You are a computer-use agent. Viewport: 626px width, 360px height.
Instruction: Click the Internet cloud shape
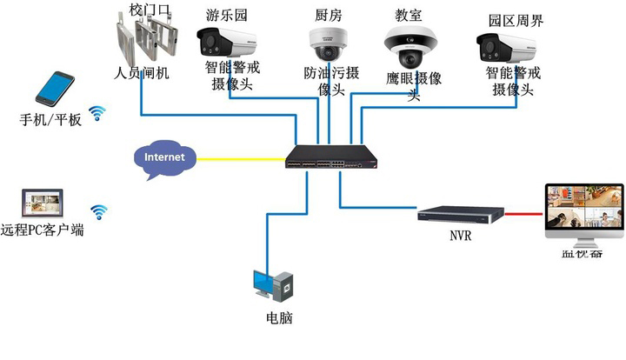tap(164, 158)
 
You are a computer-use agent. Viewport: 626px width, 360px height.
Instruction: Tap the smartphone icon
tap(55, 90)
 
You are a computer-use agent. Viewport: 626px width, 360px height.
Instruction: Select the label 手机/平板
tap(50, 119)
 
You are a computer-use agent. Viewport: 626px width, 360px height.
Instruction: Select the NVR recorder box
tap(457, 214)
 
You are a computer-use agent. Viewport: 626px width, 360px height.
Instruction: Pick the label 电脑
tap(278, 318)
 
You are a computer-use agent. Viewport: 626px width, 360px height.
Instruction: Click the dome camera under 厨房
tap(328, 43)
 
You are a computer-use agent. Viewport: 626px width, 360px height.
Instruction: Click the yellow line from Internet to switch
tap(240, 158)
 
